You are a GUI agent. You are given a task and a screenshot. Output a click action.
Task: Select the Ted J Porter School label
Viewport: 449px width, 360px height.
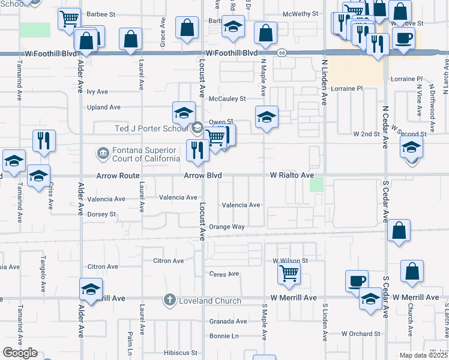click(x=152, y=128)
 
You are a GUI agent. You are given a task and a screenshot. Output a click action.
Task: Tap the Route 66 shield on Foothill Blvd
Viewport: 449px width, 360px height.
click(x=282, y=53)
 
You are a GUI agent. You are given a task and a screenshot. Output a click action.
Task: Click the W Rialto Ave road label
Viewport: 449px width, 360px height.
click(x=292, y=175)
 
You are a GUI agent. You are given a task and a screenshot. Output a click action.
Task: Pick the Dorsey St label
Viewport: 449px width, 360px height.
click(x=101, y=214)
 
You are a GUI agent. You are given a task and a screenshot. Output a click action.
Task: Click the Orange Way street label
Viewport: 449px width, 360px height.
click(x=227, y=227)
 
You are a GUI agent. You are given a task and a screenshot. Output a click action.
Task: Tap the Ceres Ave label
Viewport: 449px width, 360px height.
click(x=224, y=274)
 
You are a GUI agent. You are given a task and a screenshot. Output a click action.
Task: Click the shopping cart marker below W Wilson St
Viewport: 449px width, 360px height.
click(x=289, y=274)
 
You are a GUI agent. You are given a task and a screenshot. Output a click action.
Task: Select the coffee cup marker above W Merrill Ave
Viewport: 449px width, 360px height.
click(x=357, y=280)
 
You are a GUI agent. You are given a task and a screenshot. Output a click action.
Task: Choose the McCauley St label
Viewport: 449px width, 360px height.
click(x=227, y=98)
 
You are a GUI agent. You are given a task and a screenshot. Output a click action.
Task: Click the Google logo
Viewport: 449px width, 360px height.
click(x=20, y=353)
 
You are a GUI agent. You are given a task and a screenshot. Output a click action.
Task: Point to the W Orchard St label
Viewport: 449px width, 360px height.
click(x=361, y=334)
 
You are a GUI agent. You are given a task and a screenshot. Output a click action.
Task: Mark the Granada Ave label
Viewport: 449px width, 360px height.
click(x=228, y=321)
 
